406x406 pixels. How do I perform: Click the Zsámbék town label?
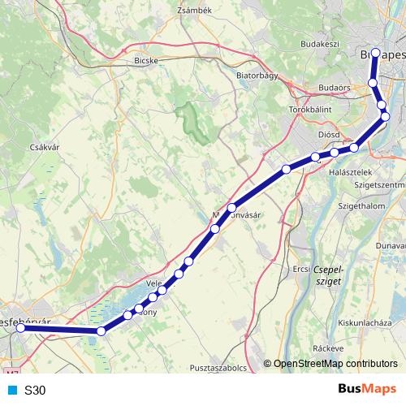tap(194, 10)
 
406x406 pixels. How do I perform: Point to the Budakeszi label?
tap(318, 42)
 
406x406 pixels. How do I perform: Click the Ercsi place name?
tap(300, 268)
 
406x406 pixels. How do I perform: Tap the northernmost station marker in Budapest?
tap(374, 54)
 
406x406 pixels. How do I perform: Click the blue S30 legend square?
tap(12, 390)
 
